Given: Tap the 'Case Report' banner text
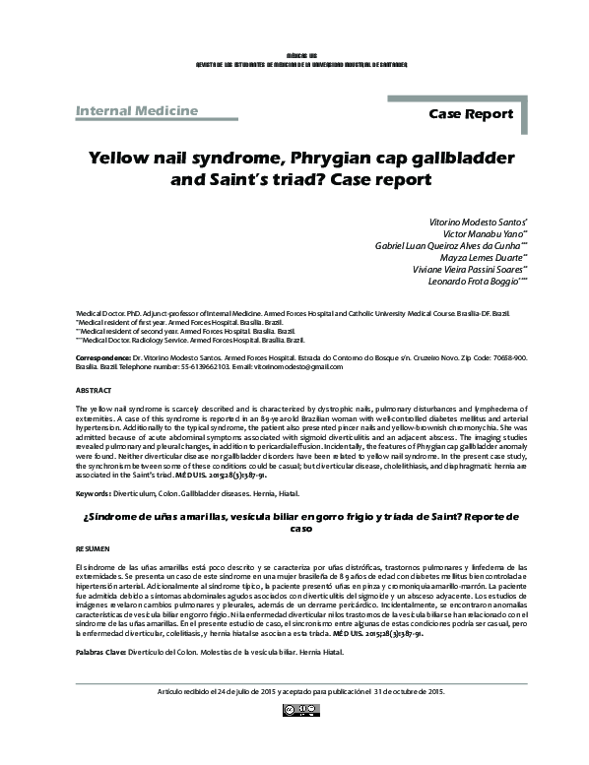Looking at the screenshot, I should [x=471, y=114].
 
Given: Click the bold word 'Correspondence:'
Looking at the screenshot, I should [x=101, y=358].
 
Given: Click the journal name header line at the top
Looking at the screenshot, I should [x=294, y=63].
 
